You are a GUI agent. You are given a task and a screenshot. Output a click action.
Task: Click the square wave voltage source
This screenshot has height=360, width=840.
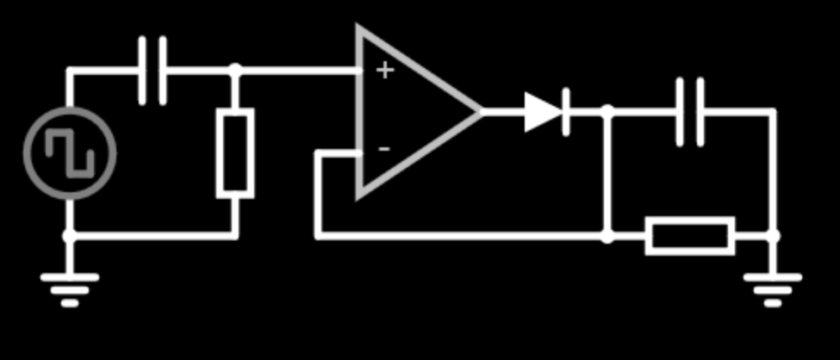(x=70, y=152)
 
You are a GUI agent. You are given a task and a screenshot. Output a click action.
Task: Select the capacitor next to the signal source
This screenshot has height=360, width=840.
(x=152, y=71)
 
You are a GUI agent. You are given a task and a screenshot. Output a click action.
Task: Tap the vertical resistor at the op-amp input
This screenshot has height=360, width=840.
(x=234, y=153)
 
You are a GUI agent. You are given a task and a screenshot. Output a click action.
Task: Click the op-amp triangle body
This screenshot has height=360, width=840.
(x=405, y=112)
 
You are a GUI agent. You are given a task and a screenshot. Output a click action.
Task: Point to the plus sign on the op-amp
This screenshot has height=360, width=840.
(x=384, y=70)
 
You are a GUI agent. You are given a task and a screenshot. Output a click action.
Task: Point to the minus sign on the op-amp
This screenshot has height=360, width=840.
(x=384, y=149)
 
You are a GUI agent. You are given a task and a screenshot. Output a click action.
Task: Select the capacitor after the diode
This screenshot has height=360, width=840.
(x=689, y=112)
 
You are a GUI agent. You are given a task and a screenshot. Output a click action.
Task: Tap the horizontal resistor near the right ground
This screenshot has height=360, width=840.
(x=690, y=235)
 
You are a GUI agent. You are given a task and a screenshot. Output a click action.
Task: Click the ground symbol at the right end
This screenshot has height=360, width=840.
(x=773, y=287)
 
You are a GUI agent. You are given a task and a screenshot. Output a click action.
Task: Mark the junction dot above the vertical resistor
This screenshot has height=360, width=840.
(x=234, y=71)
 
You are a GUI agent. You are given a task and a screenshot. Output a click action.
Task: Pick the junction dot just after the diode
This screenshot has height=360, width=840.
(x=607, y=112)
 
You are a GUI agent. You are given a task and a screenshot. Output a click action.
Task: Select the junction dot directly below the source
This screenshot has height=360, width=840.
(x=70, y=235)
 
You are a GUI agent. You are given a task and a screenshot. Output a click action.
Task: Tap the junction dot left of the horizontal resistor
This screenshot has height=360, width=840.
(x=607, y=235)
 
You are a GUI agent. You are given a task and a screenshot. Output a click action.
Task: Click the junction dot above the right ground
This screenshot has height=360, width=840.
(x=773, y=235)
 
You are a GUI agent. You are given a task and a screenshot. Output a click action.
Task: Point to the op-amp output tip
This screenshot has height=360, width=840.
(x=480, y=112)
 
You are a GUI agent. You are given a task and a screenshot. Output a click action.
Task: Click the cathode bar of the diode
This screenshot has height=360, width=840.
(x=566, y=112)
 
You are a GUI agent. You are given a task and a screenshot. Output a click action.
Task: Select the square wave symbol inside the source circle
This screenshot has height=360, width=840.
(x=70, y=152)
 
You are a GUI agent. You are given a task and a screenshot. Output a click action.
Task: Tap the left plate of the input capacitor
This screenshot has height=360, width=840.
(x=142, y=71)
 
